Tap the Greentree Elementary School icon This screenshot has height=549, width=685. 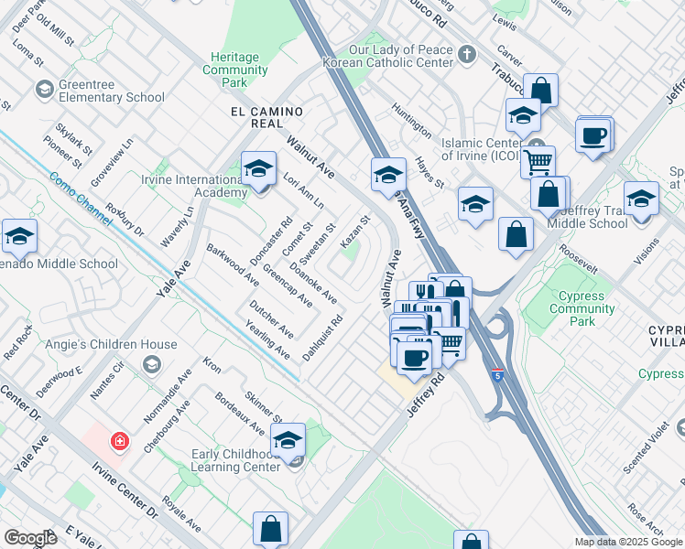tap(43, 89)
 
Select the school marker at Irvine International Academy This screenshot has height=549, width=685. tap(259, 169)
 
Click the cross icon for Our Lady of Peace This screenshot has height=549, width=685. tap(467, 53)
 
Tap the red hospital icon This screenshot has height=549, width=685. tap(118, 443)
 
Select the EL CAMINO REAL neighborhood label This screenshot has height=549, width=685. tap(266, 112)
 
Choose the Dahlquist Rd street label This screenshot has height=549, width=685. tap(325, 336)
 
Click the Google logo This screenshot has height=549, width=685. tap(30, 538)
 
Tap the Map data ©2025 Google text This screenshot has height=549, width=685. tap(628, 542)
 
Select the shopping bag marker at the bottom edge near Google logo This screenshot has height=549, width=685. tap(271, 529)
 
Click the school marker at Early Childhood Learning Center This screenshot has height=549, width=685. tap(288, 441)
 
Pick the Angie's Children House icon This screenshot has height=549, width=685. tap(149, 365)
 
